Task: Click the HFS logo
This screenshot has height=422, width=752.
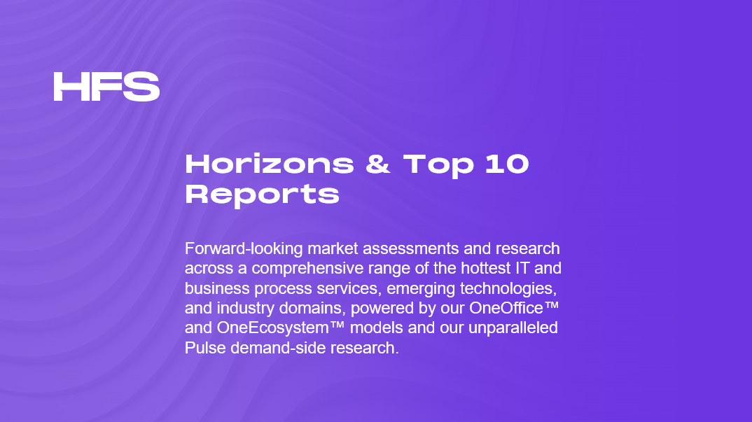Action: click(x=106, y=87)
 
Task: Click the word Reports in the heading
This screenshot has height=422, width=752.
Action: click(x=262, y=194)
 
